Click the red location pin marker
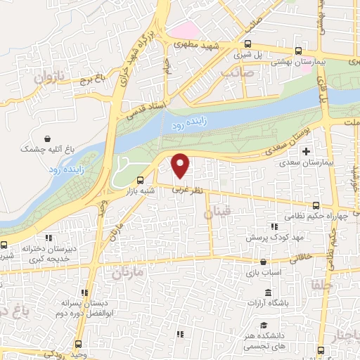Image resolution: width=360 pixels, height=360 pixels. (x=181, y=166)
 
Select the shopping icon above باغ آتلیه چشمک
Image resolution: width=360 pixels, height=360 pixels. (x=46, y=139)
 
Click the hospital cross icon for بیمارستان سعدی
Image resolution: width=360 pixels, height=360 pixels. (x=305, y=151)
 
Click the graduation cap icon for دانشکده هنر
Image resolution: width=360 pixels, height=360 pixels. (x=263, y=326)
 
